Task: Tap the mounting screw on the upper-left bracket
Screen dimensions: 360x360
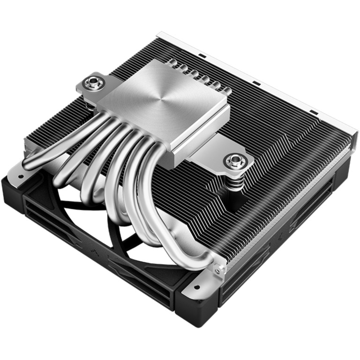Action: (x=90, y=84)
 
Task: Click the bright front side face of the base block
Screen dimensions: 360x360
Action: (x=202, y=134)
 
